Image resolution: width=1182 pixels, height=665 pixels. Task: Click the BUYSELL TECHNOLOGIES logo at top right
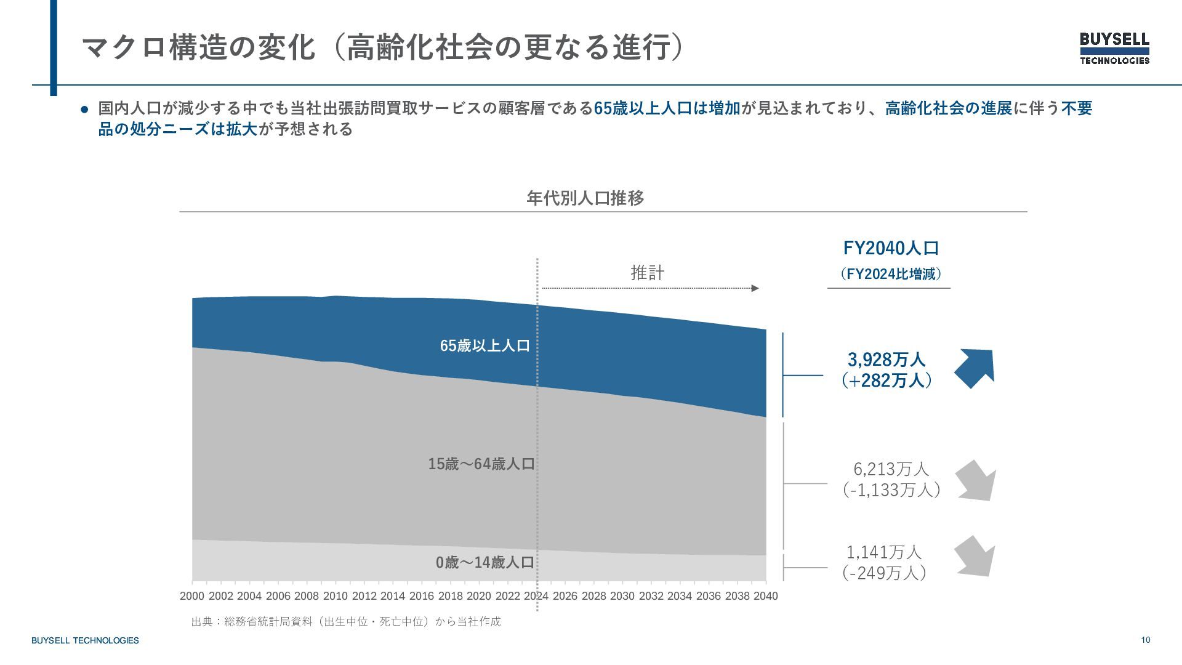[x=1114, y=48]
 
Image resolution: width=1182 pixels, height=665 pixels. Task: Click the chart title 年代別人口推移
[x=585, y=198]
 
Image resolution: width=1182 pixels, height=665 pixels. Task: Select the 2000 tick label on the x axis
[x=192, y=596]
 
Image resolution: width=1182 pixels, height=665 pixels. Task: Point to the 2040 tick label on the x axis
[x=765, y=596]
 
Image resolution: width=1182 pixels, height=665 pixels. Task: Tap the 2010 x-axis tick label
[x=336, y=596]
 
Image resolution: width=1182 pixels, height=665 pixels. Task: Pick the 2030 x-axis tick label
[x=622, y=596]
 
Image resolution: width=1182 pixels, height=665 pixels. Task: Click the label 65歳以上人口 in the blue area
[x=485, y=346]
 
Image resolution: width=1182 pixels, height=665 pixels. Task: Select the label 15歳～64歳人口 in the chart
[x=481, y=464]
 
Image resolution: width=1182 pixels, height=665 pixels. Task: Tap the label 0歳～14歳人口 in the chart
[x=484, y=563]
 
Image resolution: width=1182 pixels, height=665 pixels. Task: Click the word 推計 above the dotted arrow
[x=647, y=273]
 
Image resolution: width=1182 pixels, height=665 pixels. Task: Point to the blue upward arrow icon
[x=975, y=368]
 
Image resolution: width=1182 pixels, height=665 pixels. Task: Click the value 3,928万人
[x=886, y=359]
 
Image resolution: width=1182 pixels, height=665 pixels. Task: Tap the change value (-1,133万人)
[x=891, y=490]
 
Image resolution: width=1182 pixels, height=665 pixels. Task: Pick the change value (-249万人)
[x=884, y=573]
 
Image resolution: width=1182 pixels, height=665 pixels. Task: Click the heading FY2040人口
[x=891, y=248]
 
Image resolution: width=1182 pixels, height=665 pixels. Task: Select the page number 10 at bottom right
[x=1145, y=640]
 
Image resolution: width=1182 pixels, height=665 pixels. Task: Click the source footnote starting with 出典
[x=346, y=622]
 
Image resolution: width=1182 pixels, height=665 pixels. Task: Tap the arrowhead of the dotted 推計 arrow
[x=755, y=288]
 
